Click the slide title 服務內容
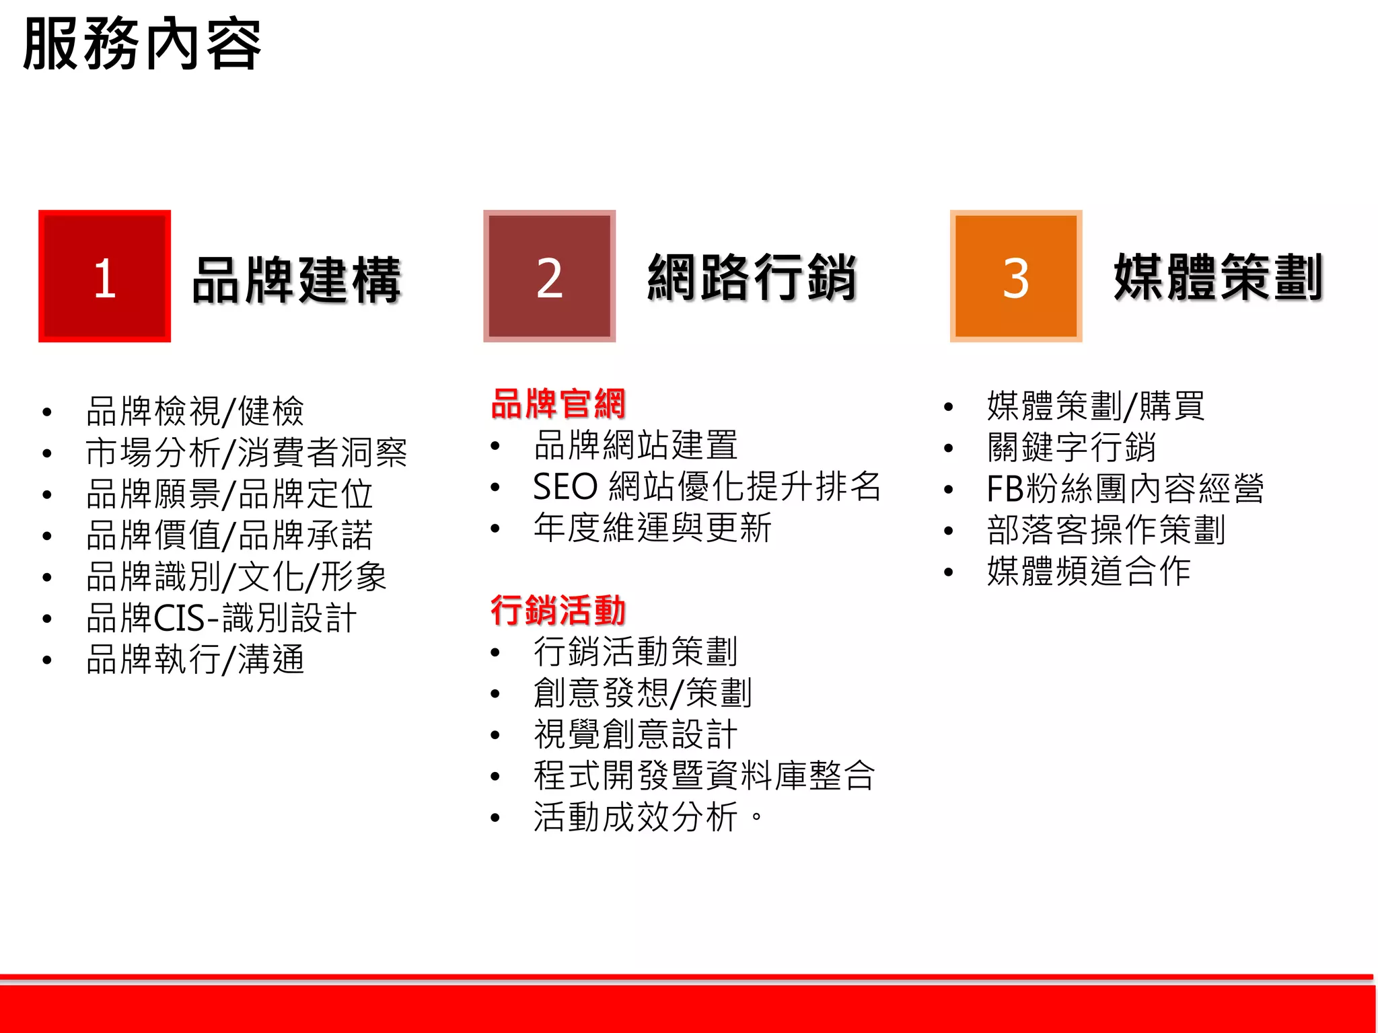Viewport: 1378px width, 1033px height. point(142,44)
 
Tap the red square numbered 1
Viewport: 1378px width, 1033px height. point(104,276)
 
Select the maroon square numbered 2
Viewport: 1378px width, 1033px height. point(549,276)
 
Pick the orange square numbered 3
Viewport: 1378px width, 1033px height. point(1015,276)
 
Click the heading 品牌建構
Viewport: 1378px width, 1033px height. point(296,280)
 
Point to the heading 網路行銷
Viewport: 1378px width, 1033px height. point(752,277)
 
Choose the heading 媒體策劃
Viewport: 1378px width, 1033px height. point(1218,277)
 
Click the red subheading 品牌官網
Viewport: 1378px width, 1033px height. point(558,404)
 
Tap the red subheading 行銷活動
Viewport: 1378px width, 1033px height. point(558,611)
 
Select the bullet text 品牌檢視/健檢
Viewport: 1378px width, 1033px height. point(195,411)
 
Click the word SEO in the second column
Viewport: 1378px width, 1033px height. point(565,487)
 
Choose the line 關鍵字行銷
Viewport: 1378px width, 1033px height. point(1071,447)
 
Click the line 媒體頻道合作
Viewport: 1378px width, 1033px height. point(1089,572)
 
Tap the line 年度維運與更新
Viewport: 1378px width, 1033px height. point(652,528)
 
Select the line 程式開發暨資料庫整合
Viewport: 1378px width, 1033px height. point(704,775)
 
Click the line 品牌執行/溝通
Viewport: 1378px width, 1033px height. point(195,660)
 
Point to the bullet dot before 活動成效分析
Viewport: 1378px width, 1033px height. point(495,818)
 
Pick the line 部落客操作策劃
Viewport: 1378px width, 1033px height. point(1105,530)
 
